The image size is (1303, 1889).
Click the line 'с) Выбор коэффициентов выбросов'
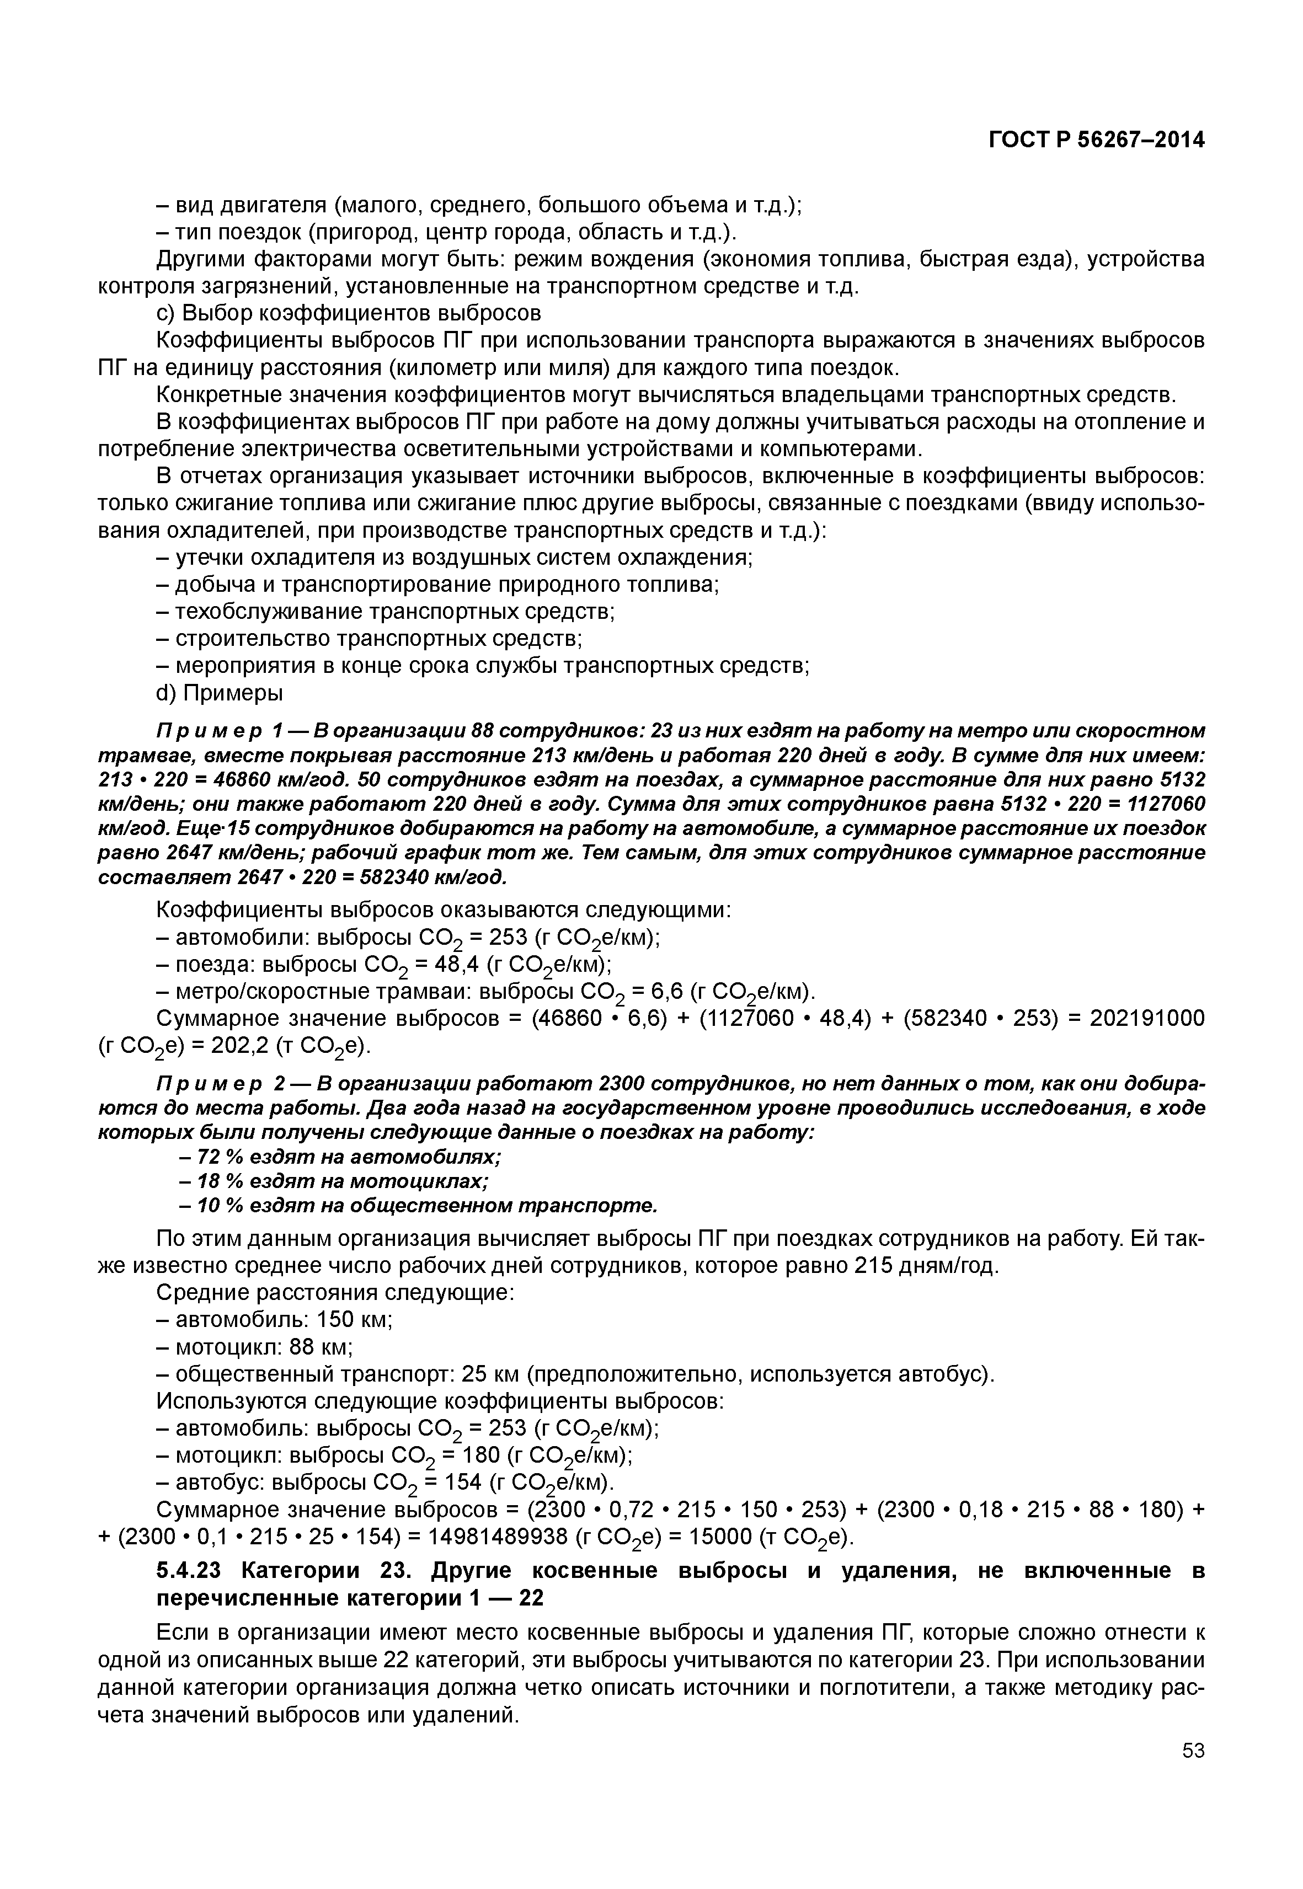click(348, 313)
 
